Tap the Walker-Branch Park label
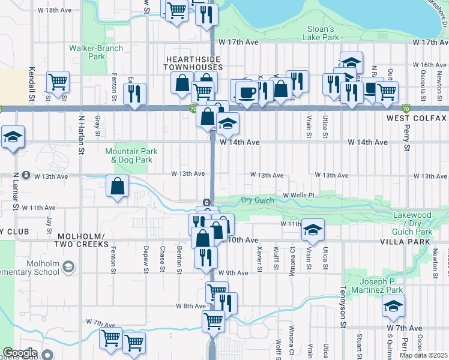click(x=96, y=52)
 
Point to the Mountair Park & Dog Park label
click(x=131, y=156)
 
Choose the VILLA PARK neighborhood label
click(x=405, y=241)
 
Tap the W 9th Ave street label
click(x=234, y=273)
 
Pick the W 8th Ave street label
click(x=191, y=306)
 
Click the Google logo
click(x=20, y=353)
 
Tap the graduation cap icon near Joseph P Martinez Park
click(x=393, y=307)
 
